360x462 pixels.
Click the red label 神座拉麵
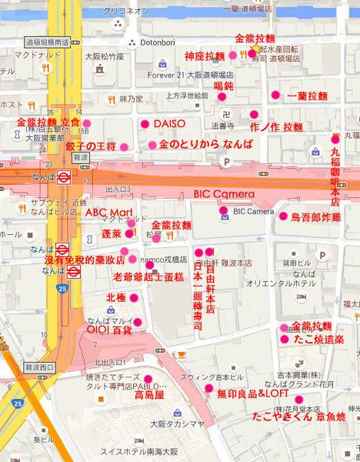click(205, 56)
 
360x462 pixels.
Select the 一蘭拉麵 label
click(307, 96)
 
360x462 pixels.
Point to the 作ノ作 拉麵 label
click(276, 126)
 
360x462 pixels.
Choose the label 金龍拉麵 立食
click(48, 122)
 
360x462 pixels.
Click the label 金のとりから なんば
click(205, 145)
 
